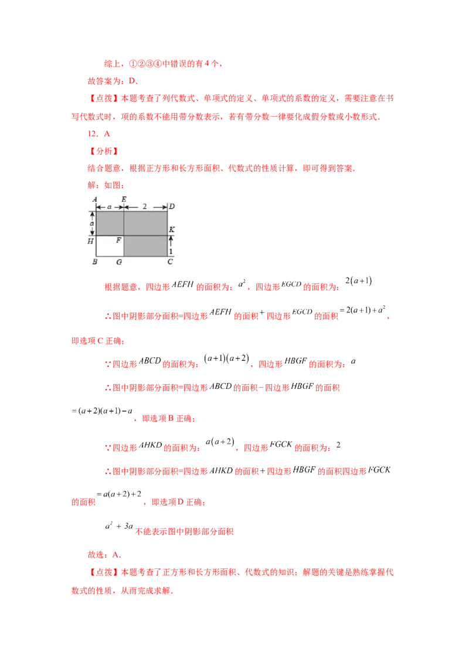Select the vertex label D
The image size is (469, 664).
click(x=171, y=206)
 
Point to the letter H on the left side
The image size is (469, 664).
click(x=91, y=240)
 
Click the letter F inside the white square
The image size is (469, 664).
click(x=118, y=240)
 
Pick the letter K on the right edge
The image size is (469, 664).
click(x=171, y=229)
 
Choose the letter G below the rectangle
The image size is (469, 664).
click(x=119, y=262)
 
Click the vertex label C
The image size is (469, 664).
click(x=170, y=262)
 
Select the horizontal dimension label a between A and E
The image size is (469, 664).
click(x=110, y=206)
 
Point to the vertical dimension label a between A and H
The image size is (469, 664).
click(x=91, y=223)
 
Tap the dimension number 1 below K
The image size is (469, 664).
click(x=171, y=251)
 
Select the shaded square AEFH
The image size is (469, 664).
click(x=110, y=224)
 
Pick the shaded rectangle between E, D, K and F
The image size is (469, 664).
click(x=145, y=224)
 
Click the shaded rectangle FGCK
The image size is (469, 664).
click(x=145, y=246)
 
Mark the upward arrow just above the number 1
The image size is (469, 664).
click(x=171, y=240)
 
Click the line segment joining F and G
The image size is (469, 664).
click(x=124, y=246)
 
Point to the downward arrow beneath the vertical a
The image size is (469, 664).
click(x=92, y=232)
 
